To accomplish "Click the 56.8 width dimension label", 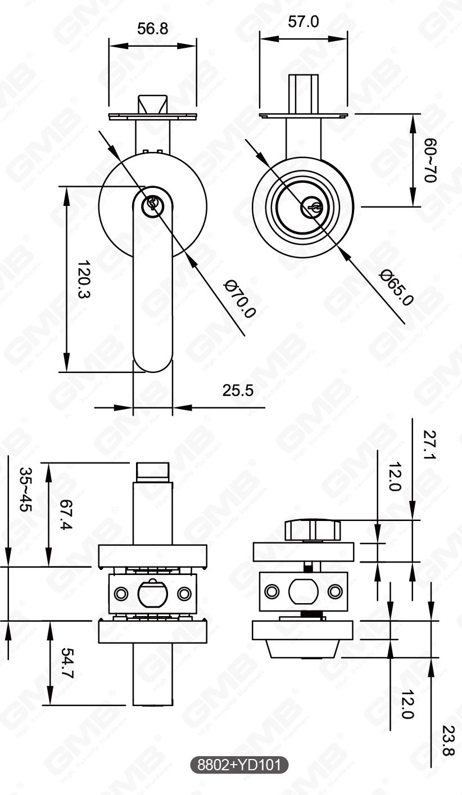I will pos(152,29).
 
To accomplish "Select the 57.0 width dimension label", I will pos(303,22).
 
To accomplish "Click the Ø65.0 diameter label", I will pos(396,287).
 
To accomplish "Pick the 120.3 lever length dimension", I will pos(84,279).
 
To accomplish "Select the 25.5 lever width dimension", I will pos(238,390).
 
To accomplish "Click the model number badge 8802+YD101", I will pos(240,765).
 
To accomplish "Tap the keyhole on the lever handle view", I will pos(152,204).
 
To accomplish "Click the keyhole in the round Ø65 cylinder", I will pos(312,208).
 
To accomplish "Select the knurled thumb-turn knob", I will pos(312,530).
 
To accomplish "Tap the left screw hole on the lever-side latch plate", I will pos(120,594).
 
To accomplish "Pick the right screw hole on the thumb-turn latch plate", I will pos(335,591).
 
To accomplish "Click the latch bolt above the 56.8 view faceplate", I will pos(152,104).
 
